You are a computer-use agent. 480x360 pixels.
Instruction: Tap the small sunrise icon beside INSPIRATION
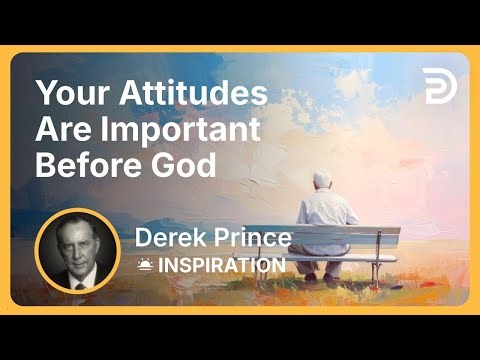[x=145, y=265]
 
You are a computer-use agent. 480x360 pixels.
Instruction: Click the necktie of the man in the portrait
[x=78, y=280]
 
